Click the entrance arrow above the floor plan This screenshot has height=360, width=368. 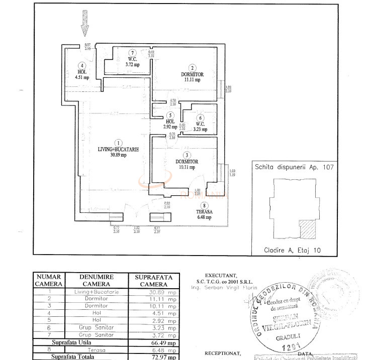pos(84,24)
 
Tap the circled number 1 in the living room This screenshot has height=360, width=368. pos(118,142)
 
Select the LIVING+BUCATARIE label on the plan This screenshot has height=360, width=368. pos(118,149)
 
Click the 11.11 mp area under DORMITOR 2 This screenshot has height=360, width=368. pos(192,79)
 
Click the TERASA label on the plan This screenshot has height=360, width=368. pos(204,212)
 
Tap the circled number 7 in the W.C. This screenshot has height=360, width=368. pos(132,53)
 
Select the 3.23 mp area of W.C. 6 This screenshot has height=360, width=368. pos(201,129)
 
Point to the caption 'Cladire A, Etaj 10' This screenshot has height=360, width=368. pos(292,250)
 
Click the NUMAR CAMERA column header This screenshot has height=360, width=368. pos(48,280)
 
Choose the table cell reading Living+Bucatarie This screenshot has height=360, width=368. pos(96,291)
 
